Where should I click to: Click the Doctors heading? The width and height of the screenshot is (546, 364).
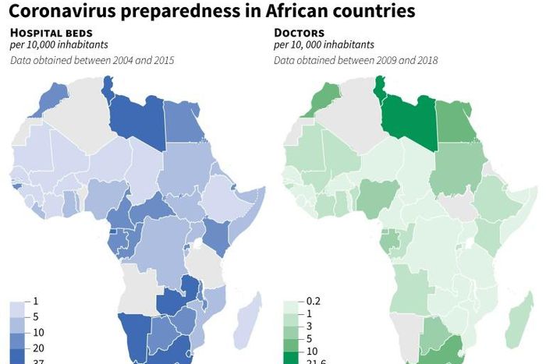[299, 33]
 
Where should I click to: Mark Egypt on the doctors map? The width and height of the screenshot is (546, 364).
[457, 121]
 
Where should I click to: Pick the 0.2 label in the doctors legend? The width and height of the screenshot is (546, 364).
[313, 302]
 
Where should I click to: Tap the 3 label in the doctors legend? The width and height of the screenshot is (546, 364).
[309, 332]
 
